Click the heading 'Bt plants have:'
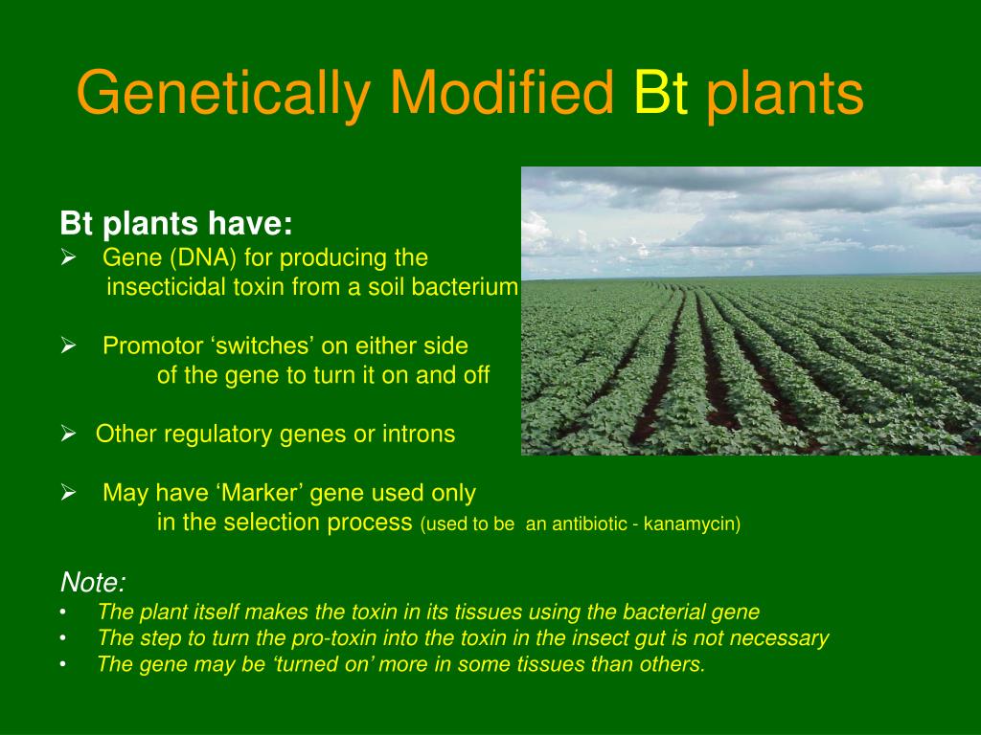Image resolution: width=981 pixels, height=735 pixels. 176,224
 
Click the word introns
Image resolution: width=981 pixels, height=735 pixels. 418,434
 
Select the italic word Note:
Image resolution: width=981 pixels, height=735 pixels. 93,582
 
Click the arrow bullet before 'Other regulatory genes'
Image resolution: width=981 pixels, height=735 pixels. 68,434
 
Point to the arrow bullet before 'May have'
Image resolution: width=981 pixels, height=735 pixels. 68,494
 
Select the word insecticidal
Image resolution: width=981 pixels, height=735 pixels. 167,288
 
